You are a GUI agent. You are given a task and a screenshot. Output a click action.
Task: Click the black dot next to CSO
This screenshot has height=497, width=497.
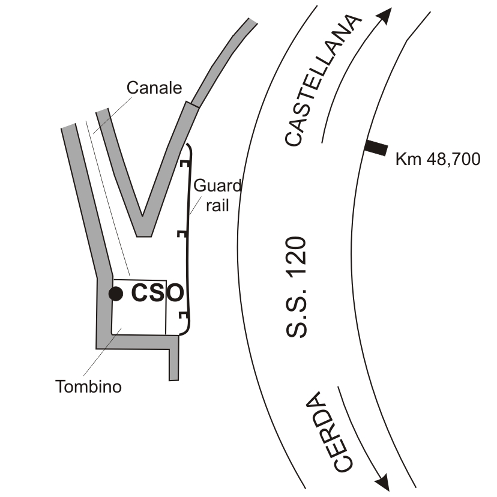coord(115,294)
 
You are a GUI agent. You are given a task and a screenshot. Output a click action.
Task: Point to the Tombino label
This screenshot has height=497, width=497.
coord(89,387)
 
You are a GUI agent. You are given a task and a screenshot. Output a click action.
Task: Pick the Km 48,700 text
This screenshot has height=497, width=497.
coord(438,160)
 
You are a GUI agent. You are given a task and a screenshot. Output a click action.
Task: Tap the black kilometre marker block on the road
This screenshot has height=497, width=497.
coord(376,148)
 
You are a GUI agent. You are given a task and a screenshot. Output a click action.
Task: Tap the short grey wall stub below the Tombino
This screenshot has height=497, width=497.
coord(174,363)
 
